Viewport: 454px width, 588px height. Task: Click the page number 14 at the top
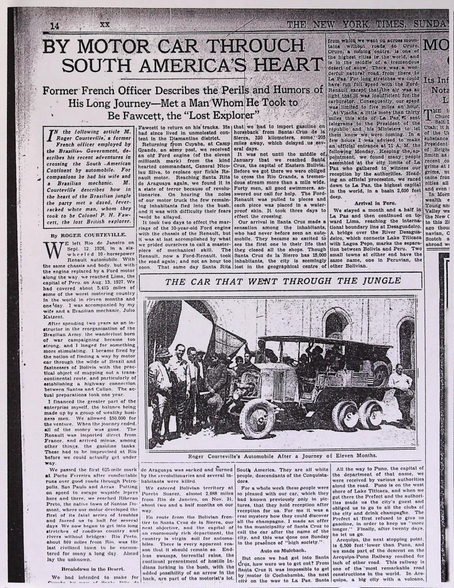[55, 26]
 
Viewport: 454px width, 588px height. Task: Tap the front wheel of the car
[257, 417]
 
